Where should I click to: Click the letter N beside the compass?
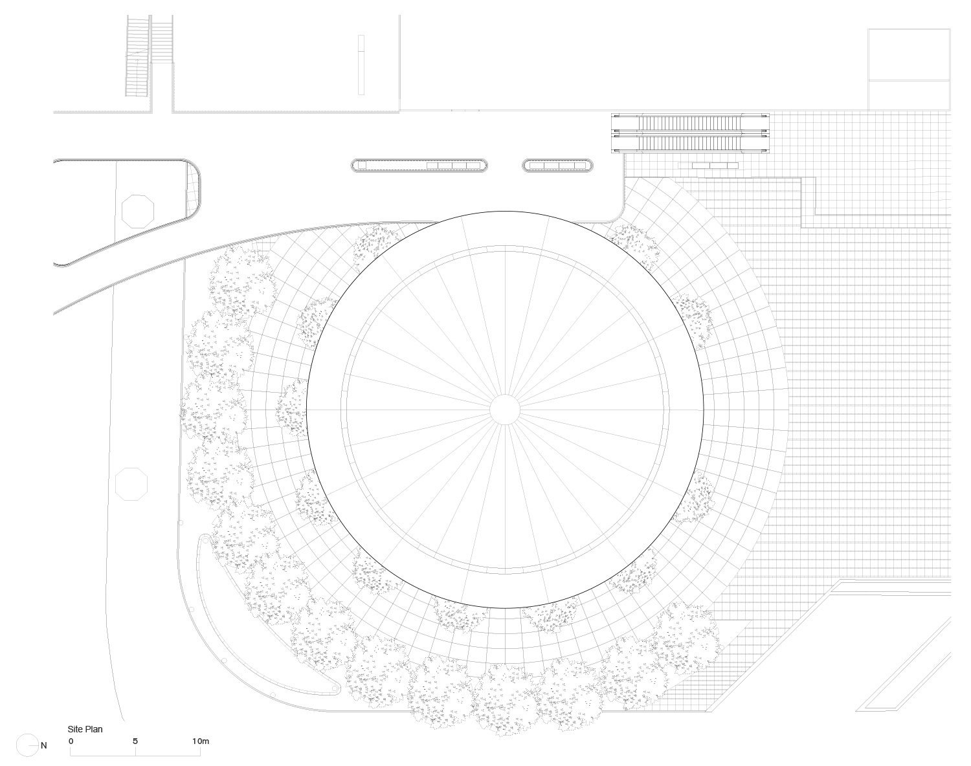[x=44, y=745]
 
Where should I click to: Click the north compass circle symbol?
[x=27, y=745]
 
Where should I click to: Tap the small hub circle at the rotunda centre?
[x=504, y=410]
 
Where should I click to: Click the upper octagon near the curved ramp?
[x=138, y=210]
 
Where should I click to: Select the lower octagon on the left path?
[x=132, y=484]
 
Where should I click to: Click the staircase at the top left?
[x=150, y=57]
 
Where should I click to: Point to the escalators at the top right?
[x=691, y=133]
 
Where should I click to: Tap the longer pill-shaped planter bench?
[x=419, y=166]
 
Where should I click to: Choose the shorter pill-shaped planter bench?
[x=557, y=166]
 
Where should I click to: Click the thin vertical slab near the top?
[x=361, y=65]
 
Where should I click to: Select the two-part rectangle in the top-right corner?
[x=909, y=69]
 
